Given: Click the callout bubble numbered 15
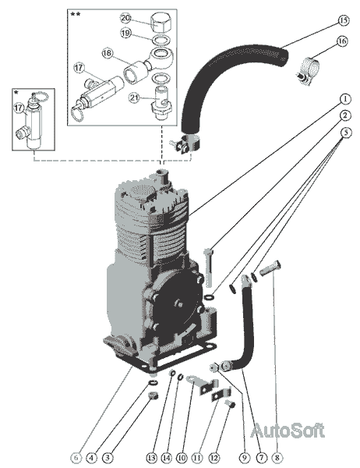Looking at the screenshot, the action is [x=344, y=20].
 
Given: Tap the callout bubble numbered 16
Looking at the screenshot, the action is [x=342, y=41].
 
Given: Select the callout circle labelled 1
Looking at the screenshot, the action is [x=345, y=98].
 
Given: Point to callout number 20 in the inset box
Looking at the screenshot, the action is [x=125, y=18].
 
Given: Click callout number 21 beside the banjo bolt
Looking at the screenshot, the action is [x=135, y=97].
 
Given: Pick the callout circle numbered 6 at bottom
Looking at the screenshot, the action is [x=76, y=457].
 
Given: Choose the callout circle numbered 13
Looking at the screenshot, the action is [x=151, y=457].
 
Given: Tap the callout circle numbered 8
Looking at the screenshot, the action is [x=277, y=457].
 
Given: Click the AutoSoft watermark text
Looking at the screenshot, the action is [x=288, y=431].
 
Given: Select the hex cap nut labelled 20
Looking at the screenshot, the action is [x=162, y=22].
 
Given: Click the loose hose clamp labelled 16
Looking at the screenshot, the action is [x=308, y=71].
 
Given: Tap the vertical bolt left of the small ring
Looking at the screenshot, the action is [x=209, y=267].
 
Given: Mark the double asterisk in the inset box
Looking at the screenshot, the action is [x=75, y=14].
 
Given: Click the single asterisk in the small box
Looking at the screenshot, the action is [x=16, y=93].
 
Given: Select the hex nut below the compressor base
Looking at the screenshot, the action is [x=154, y=395].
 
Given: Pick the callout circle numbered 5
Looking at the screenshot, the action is [x=346, y=133].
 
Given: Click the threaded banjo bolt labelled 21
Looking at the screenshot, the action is [x=161, y=102].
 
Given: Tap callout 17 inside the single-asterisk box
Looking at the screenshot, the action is [x=19, y=108].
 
